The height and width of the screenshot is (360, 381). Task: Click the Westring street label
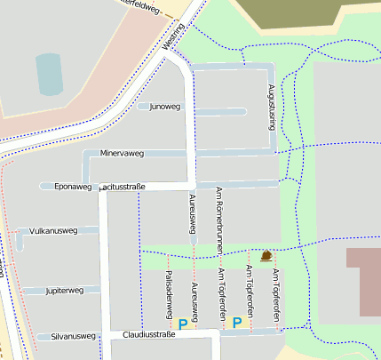click(175, 36)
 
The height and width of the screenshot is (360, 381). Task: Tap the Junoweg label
click(164, 107)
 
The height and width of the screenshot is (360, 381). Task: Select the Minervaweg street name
click(122, 154)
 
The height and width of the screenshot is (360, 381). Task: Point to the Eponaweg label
click(73, 187)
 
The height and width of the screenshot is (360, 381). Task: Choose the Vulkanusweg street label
click(53, 230)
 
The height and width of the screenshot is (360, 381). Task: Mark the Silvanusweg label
click(73, 336)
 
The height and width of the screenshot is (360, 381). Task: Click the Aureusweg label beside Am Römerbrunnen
click(193, 214)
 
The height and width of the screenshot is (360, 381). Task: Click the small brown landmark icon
click(266, 256)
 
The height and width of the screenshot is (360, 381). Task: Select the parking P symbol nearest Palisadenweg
click(183, 324)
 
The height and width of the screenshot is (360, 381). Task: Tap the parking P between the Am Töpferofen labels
click(236, 322)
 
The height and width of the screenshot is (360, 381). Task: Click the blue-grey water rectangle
click(50, 74)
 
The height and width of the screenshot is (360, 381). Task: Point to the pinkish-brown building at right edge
click(362, 281)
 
